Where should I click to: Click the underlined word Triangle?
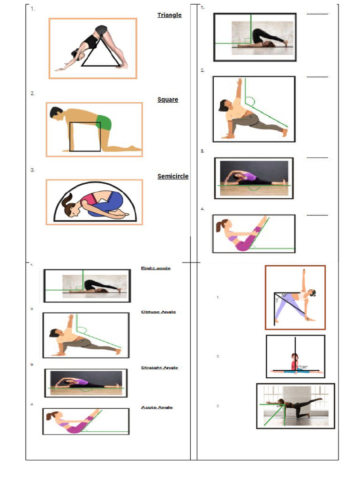click(169, 15)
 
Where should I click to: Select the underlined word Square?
click(168, 100)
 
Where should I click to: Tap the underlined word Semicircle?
click(173, 176)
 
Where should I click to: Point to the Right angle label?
click(156, 268)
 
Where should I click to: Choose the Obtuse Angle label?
click(158, 312)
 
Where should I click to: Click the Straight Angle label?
click(159, 368)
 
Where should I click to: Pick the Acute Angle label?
click(157, 407)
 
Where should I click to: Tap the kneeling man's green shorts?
click(104, 123)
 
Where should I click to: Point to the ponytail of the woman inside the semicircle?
click(65, 202)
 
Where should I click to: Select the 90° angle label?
click(305, 367)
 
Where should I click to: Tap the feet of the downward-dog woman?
click(121, 66)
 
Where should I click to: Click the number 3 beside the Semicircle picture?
click(33, 170)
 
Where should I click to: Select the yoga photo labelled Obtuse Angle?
click(86, 335)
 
